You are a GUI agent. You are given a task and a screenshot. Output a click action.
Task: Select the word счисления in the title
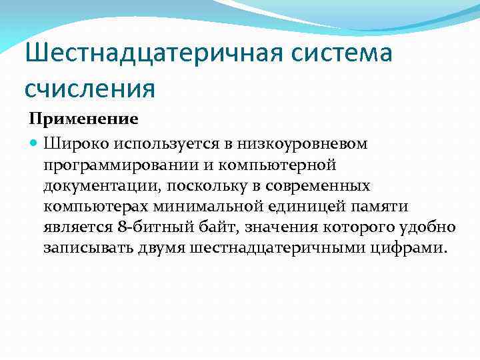click(x=90, y=87)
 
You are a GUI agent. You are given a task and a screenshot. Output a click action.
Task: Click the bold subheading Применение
click(x=83, y=119)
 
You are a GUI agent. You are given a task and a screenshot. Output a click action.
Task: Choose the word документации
click(x=98, y=185)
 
